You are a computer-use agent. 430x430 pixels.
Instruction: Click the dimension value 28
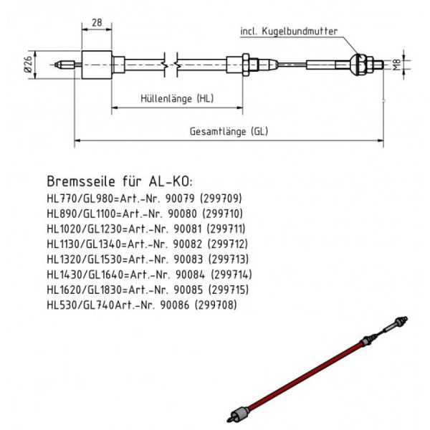[97, 22]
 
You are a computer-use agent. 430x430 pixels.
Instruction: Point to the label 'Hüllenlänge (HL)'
[175, 98]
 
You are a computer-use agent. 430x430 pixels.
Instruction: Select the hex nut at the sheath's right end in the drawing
[247, 65]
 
